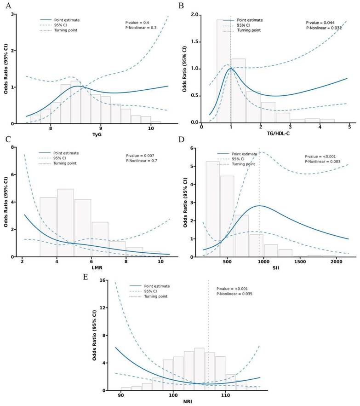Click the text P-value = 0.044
click(322, 22)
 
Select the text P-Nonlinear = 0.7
click(143, 162)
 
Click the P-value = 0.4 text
click(138, 22)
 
